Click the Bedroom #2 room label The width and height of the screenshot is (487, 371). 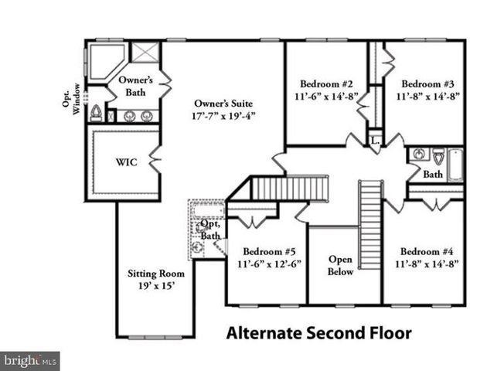[x=325, y=84]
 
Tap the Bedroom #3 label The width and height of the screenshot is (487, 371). [x=428, y=84]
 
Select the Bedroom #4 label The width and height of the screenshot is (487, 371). [x=428, y=251]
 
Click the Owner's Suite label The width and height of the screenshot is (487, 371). [x=223, y=104]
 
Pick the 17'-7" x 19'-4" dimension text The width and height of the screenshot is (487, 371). [x=223, y=116]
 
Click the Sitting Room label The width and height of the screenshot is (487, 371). [x=155, y=274]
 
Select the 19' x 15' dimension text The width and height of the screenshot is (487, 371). [x=155, y=286]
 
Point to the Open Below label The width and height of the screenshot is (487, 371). [x=341, y=265]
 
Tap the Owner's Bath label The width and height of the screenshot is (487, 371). [x=136, y=86]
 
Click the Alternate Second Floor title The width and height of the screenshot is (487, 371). [x=318, y=334]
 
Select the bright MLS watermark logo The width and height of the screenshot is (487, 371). [x=30, y=360]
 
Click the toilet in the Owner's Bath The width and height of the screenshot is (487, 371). [x=97, y=114]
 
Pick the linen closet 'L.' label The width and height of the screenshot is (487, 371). [x=375, y=141]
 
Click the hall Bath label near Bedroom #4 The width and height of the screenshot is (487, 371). [x=433, y=175]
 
